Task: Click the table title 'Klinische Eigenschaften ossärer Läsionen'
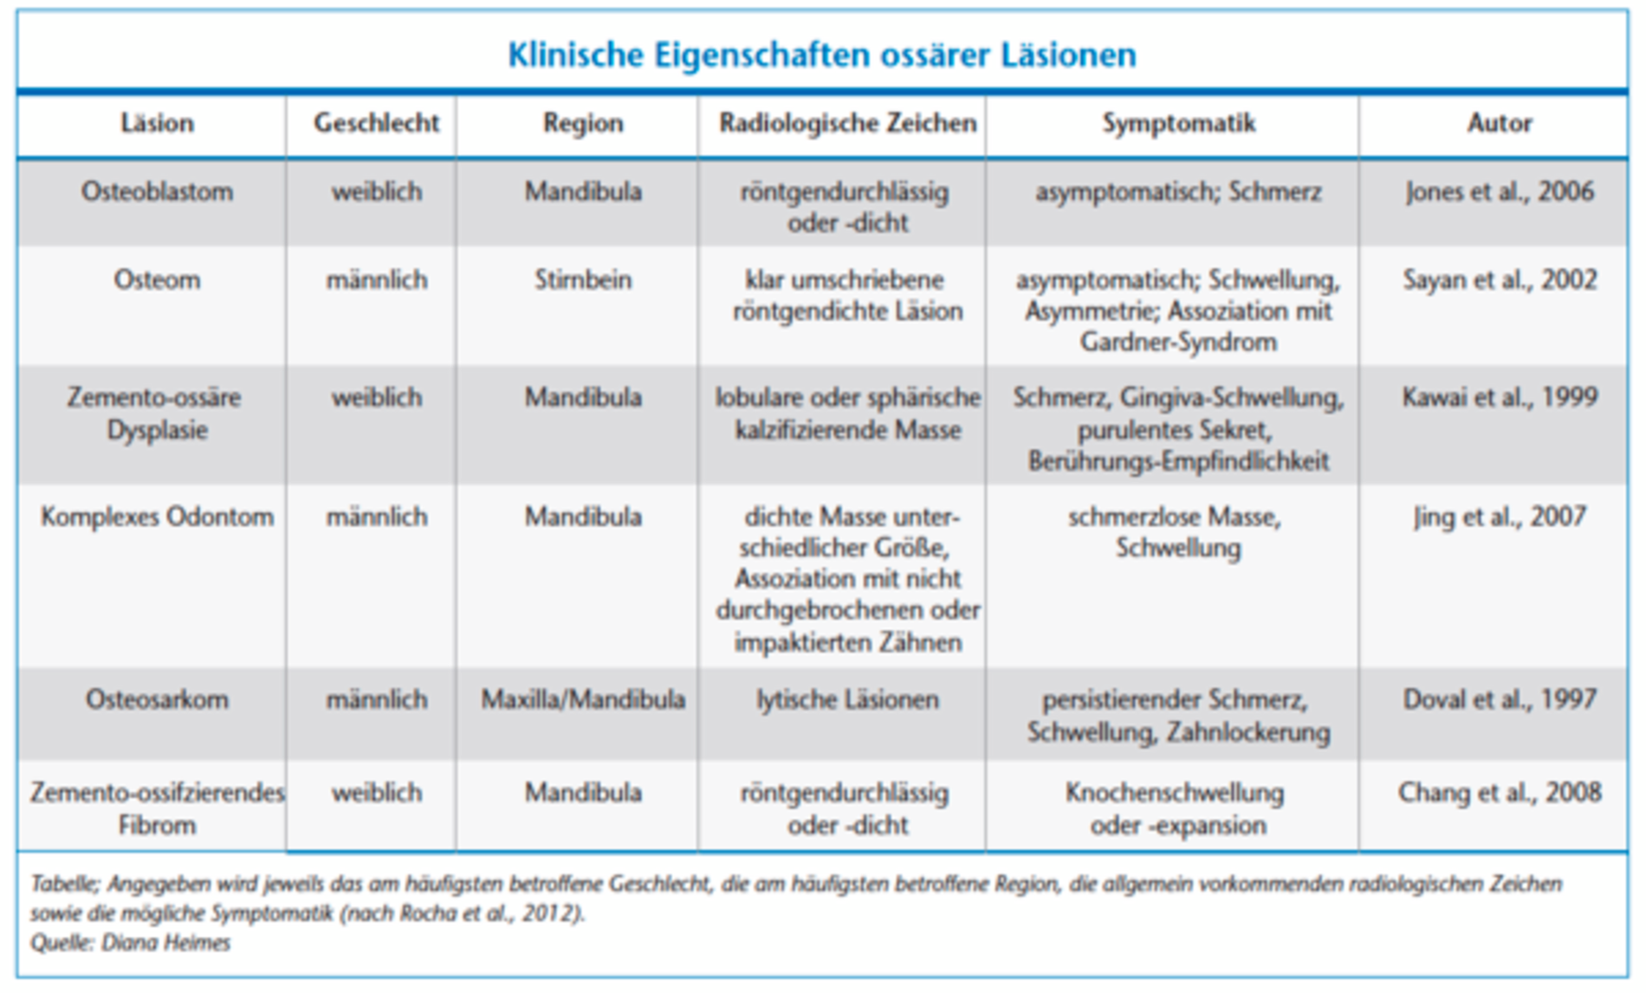click(821, 55)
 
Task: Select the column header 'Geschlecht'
click(376, 124)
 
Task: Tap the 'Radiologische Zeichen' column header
click(847, 124)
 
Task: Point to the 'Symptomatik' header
click(1178, 124)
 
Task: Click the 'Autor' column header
click(1499, 124)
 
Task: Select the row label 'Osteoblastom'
click(157, 191)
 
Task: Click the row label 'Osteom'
click(157, 280)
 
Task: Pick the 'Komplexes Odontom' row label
click(157, 517)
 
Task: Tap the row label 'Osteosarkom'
click(157, 699)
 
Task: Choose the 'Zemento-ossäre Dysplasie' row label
click(157, 413)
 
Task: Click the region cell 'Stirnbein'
click(583, 280)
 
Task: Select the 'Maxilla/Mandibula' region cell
click(583, 699)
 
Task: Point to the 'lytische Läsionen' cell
click(847, 699)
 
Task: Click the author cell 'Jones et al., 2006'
click(1499, 191)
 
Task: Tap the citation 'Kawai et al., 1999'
click(1499, 398)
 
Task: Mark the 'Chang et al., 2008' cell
click(1499, 793)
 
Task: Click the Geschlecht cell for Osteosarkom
click(376, 699)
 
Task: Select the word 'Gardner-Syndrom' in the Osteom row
click(1178, 342)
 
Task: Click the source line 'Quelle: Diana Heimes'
click(131, 943)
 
